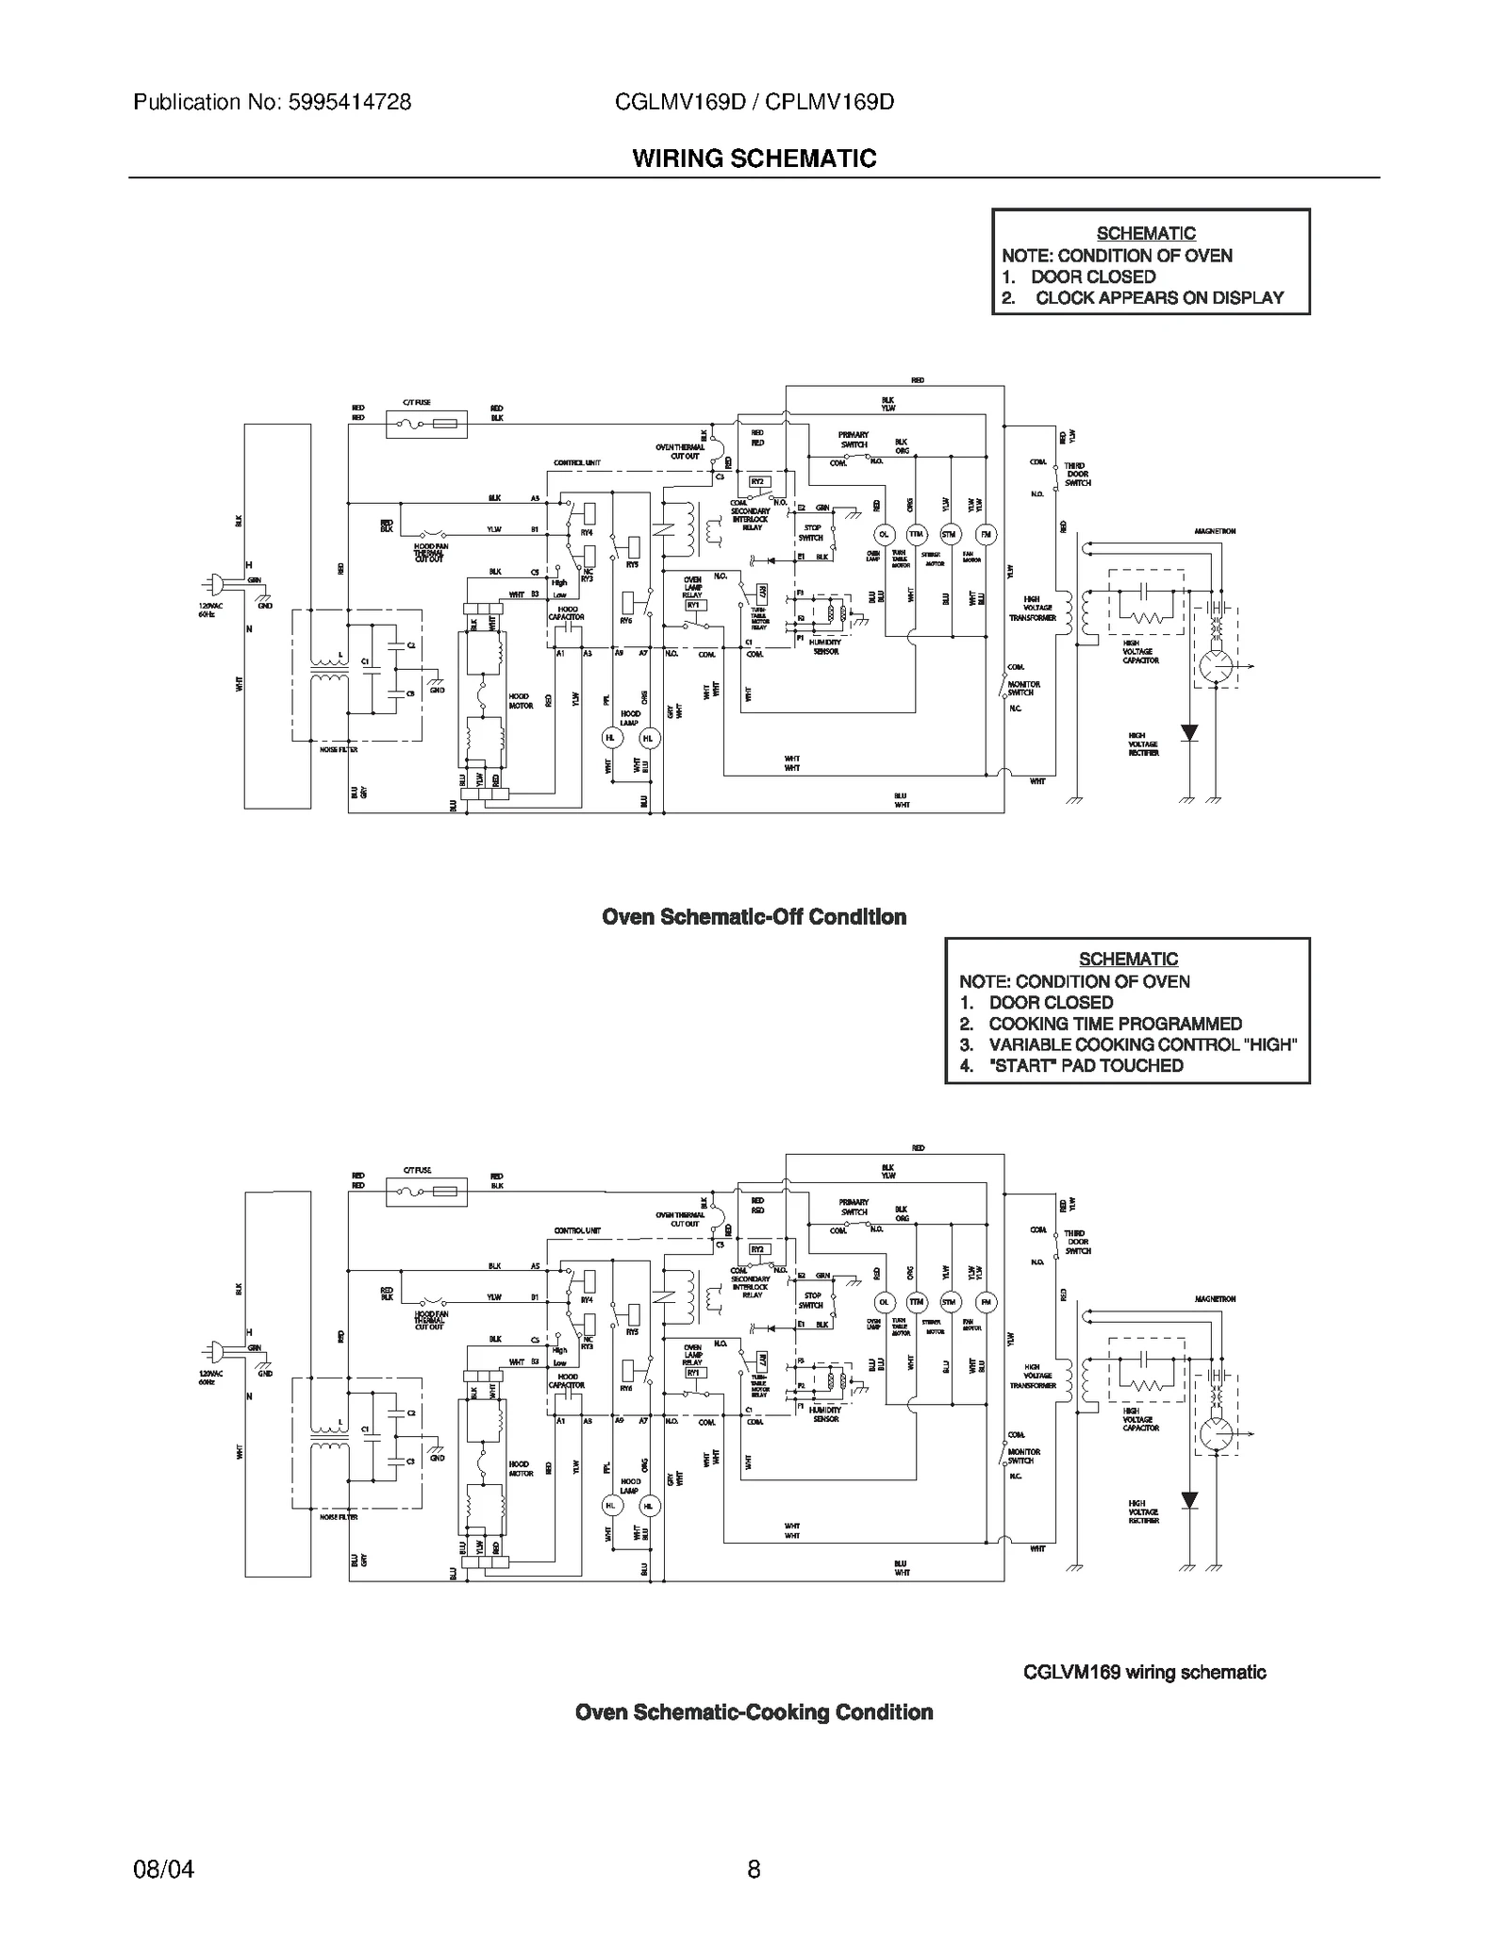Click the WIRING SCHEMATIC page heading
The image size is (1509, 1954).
754,159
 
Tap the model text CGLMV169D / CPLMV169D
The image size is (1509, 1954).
754,102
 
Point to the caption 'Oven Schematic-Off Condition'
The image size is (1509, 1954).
754,917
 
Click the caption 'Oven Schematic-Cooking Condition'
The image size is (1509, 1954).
754,1712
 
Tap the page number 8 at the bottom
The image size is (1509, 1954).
754,1869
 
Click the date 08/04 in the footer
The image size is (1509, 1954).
164,1869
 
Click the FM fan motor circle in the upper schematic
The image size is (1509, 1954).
985,534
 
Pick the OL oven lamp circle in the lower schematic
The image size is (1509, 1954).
884,1302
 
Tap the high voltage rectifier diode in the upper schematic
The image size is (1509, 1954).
1189,732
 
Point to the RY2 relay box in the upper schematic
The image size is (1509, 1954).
758,481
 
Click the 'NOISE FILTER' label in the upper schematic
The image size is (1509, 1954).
338,749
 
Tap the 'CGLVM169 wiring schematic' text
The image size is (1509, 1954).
1144,1673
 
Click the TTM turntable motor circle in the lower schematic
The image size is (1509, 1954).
916,1302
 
